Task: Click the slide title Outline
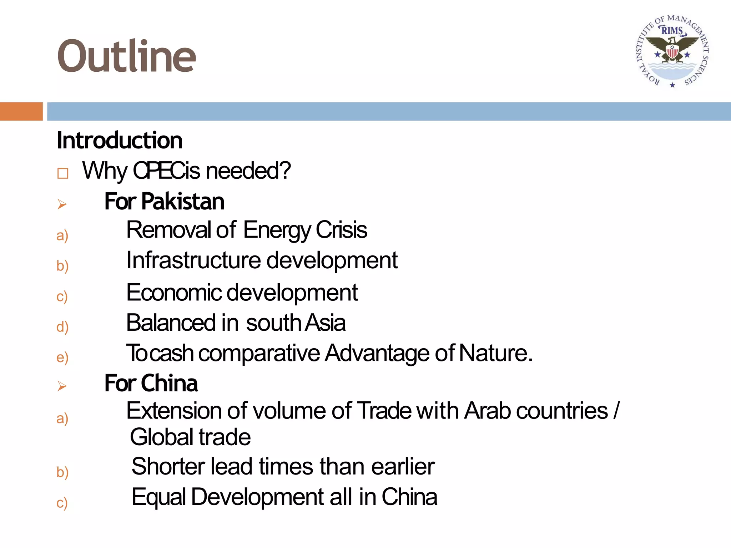(126, 56)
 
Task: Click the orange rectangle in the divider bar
(21, 111)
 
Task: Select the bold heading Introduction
(120, 140)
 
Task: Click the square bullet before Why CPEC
(63, 173)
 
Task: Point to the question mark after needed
(286, 171)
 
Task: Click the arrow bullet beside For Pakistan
(62, 204)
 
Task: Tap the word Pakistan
(183, 202)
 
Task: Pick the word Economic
(174, 293)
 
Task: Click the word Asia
(325, 323)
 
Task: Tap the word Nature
(495, 353)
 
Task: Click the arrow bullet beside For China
(62, 386)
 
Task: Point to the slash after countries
(616, 411)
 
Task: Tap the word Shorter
(168, 467)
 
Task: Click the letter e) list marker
(62, 357)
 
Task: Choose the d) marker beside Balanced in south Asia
(62, 327)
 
